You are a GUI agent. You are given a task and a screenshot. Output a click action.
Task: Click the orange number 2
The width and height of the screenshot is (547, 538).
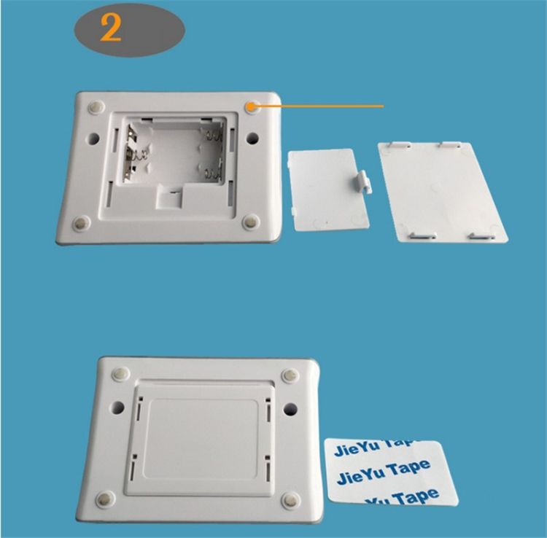coord(111,29)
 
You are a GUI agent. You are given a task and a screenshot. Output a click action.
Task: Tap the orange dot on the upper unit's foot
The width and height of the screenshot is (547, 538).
coord(251,108)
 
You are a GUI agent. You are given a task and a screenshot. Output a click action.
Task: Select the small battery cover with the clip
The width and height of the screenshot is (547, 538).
coord(329,190)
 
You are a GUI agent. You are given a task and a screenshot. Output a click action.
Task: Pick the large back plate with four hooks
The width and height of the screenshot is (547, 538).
coord(443,192)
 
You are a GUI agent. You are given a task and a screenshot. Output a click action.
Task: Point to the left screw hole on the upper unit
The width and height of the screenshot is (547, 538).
coord(93,139)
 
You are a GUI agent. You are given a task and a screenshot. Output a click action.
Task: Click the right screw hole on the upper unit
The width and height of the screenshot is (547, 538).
coord(252,139)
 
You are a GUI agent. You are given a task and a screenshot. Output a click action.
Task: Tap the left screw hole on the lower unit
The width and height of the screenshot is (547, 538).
coord(118,408)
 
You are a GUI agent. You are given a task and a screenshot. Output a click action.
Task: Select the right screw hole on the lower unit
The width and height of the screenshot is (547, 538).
coord(290,409)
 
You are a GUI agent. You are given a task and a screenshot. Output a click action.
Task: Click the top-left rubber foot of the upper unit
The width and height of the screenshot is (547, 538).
coord(96,107)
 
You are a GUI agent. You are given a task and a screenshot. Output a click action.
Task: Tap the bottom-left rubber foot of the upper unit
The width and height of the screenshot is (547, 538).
coord(82,222)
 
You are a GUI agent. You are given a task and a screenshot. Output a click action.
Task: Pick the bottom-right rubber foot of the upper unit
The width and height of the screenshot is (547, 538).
coord(251,222)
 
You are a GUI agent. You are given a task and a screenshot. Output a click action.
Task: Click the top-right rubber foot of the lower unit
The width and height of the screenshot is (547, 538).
coord(290,375)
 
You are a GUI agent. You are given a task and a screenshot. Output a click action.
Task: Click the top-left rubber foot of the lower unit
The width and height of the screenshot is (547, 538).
coord(120,373)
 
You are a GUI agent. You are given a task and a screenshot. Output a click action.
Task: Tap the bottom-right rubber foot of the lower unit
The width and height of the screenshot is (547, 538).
coord(290,500)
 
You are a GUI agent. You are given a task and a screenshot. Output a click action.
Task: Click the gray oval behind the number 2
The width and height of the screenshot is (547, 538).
coord(129,31)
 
